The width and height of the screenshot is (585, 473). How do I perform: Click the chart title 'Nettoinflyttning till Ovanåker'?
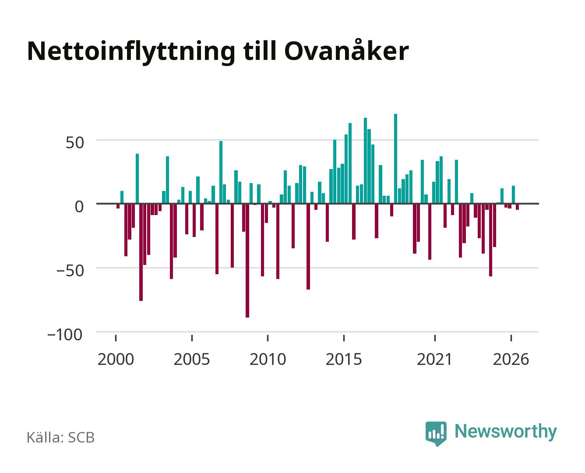click(x=218, y=52)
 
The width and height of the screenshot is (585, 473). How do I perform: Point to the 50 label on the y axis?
click(x=75, y=143)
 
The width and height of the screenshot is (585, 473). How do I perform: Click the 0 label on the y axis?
click(x=79, y=207)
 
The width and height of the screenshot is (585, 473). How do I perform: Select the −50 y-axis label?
click(x=70, y=271)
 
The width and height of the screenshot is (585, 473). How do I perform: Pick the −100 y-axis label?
click(x=65, y=335)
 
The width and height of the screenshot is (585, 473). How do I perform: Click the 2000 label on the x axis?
click(x=116, y=360)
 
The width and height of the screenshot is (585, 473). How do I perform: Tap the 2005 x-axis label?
click(x=192, y=360)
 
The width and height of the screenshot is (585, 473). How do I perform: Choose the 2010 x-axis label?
click(x=268, y=360)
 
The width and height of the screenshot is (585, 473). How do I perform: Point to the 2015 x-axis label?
click(x=344, y=360)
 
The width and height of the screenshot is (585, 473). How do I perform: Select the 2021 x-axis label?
click(x=435, y=360)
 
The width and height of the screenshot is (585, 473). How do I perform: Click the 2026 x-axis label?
click(x=511, y=360)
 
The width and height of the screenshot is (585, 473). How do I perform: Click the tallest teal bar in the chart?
click(x=395, y=159)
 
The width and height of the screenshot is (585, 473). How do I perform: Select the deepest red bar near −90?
click(x=247, y=261)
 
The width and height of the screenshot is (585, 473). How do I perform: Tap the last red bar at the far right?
click(x=517, y=207)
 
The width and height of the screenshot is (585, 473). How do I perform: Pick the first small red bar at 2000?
click(x=118, y=206)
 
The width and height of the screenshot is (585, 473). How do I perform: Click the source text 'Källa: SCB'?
click(x=61, y=438)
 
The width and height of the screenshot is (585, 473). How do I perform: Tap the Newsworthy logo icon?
click(x=436, y=434)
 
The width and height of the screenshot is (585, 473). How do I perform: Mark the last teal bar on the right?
click(x=513, y=195)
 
